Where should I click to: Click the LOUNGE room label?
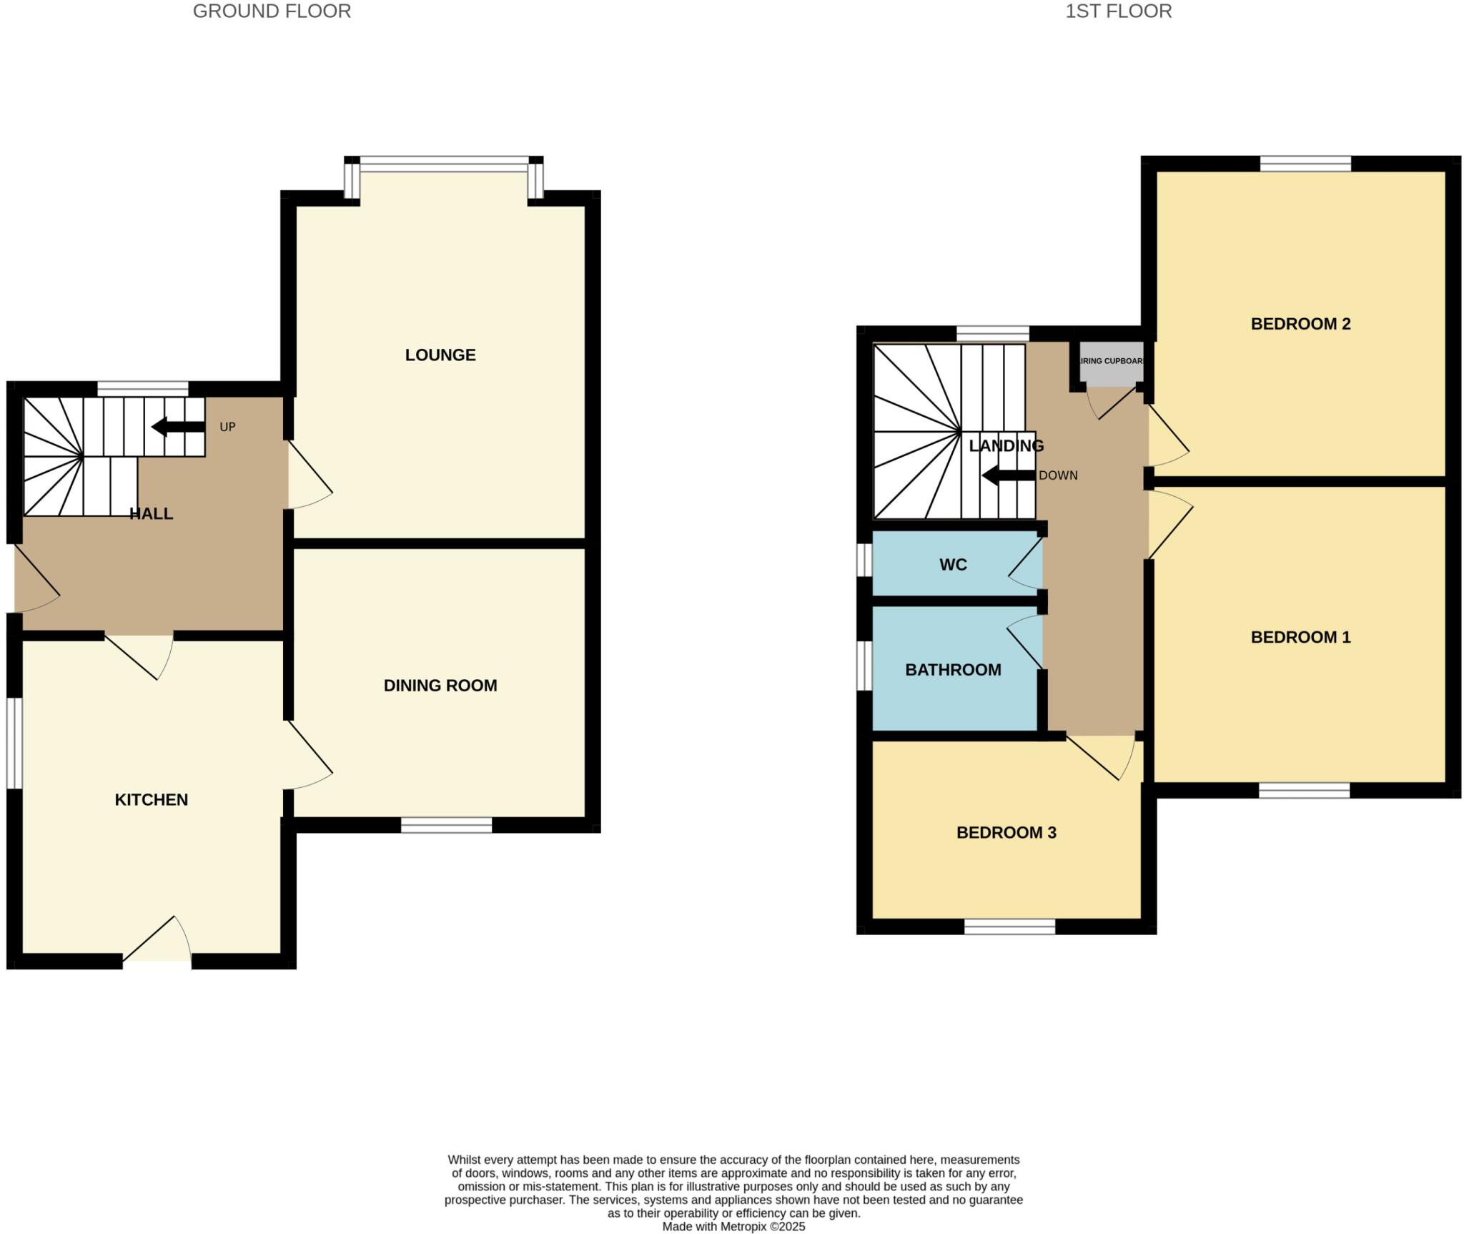pyautogui.click(x=440, y=355)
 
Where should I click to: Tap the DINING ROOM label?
pyautogui.click(x=440, y=685)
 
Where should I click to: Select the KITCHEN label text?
pyautogui.click(x=152, y=799)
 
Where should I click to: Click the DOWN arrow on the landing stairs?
pyautogui.click(x=1008, y=475)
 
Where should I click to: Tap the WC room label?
pyautogui.click(x=953, y=565)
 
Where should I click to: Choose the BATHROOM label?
pyautogui.click(x=953, y=670)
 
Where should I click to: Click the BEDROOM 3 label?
pyautogui.click(x=1006, y=832)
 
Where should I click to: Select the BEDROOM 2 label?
pyautogui.click(x=1300, y=324)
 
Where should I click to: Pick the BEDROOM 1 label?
pyautogui.click(x=1300, y=637)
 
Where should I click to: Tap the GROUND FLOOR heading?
pyautogui.click(x=272, y=11)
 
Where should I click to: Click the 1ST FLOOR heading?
pyautogui.click(x=1118, y=11)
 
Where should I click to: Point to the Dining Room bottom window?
pyautogui.click(x=446, y=826)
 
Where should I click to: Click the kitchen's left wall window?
pyautogui.click(x=14, y=744)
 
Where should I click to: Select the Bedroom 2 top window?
pyautogui.click(x=1305, y=164)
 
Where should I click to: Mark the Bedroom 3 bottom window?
pyautogui.click(x=1009, y=927)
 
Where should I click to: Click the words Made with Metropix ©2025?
pyautogui.click(x=733, y=1227)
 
